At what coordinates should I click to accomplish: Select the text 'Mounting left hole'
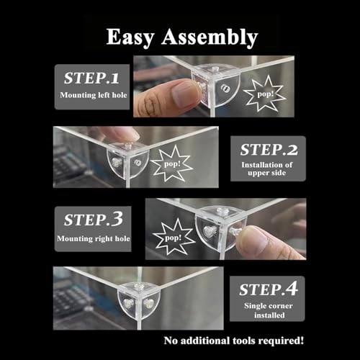pos(91,95)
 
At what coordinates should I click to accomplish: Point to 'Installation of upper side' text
pos(268,171)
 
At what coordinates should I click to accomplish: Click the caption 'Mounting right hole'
pos(91,237)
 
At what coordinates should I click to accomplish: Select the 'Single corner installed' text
pos(268,310)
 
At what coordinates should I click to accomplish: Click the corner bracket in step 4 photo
pos(135,297)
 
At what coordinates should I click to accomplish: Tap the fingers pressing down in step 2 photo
pos(119,135)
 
